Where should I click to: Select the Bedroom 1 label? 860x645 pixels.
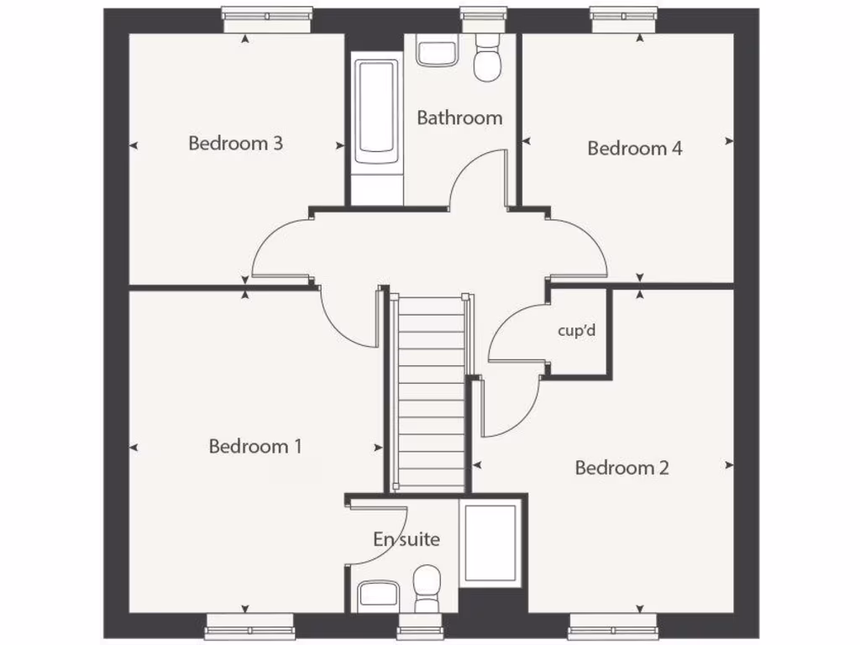tap(254, 446)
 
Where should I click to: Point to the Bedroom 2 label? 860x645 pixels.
tap(621, 468)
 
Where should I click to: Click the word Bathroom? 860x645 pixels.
tap(459, 118)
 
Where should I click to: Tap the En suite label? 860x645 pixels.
tap(406, 539)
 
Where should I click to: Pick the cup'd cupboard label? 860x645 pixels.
tap(576, 330)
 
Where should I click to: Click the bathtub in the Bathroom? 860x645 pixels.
tap(375, 113)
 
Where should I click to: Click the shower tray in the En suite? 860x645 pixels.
tap(490, 543)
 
